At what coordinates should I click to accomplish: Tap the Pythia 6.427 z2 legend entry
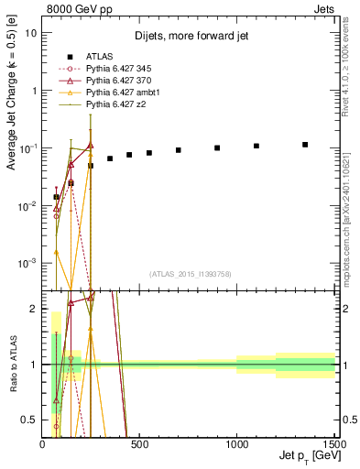coord(112,107)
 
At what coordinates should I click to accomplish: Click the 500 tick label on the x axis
coord(140,444)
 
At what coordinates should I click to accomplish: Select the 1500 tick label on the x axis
coord(333,444)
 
